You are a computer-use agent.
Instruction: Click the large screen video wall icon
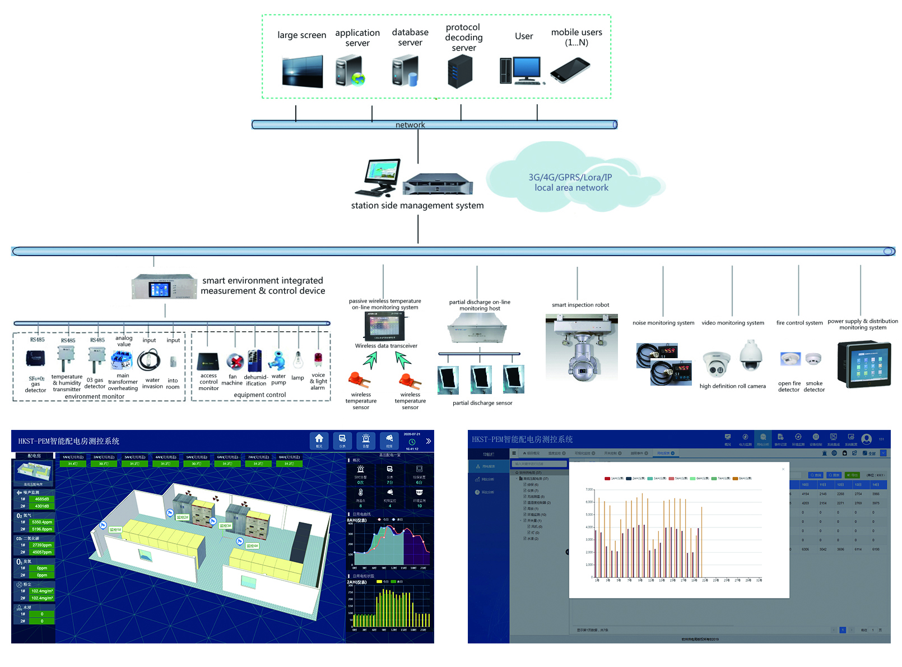click(x=303, y=71)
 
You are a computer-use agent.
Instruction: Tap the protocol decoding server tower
click(x=460, y=72)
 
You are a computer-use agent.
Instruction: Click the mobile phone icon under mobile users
click(x=570, y=71)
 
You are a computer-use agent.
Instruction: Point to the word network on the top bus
click(x=410, y=125)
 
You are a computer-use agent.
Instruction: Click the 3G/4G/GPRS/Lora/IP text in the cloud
click(x=570, y=177)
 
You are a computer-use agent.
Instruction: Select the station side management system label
click(x=417, y=206)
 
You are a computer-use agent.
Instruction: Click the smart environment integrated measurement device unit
click(x=164, y=287)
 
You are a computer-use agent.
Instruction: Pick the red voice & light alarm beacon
click(x=318, y=359)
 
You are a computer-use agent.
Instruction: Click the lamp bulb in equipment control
click(x=299, y=360)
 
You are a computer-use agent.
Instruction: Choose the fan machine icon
click(x=235, y=362)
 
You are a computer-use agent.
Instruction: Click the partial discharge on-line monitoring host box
click(x=478, y=328)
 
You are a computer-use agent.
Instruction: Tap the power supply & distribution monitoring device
click(x=863, y=364)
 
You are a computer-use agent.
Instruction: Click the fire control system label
click(x=799, y=323)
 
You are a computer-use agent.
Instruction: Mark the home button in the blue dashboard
click(x=319, y=439)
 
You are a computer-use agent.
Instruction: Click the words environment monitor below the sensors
click(x=95, y=397)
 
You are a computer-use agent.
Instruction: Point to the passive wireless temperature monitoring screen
click(x=385, y=326)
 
